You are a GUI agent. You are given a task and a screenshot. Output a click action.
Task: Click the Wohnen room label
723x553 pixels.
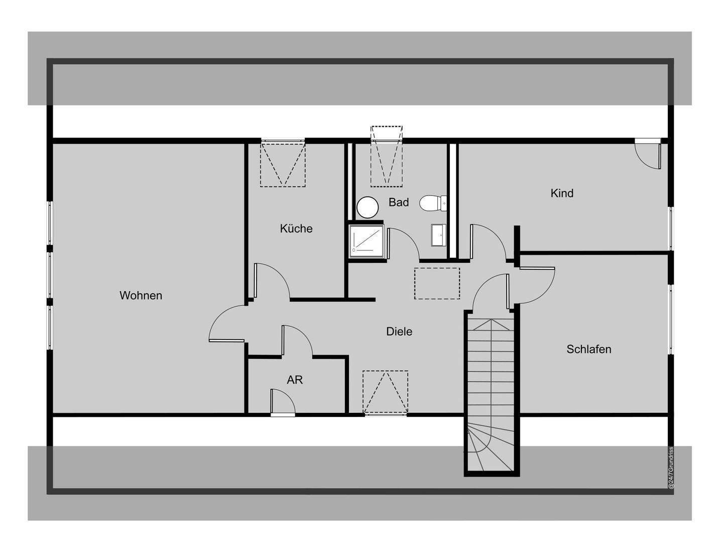point(141,295)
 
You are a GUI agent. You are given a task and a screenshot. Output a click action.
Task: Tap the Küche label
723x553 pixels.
point(296,229)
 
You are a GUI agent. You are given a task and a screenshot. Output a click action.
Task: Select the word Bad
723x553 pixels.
point(399,202)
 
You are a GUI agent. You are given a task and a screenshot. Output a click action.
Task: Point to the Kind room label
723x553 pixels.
point(562,193)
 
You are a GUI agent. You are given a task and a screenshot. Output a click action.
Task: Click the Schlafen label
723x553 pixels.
point(589,349)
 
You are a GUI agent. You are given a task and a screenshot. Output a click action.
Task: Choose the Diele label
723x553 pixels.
point(399,331)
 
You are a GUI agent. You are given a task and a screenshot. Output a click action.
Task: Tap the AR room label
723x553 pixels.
point(295,380)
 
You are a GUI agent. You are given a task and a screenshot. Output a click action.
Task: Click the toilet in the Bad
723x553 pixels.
point(430,203)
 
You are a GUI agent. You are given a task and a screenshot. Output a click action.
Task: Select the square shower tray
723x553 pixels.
point(367,241)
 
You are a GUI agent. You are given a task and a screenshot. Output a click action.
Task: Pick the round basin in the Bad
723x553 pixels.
point(368,207)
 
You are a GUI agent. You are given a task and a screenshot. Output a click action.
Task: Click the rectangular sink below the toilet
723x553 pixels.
point(438,235)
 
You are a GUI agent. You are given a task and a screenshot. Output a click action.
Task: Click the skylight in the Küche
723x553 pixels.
point(283,164)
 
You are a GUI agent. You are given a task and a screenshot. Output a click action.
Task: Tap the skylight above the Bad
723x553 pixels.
point(387,156)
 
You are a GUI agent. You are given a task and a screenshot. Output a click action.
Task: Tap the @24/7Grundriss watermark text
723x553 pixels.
point(670,468)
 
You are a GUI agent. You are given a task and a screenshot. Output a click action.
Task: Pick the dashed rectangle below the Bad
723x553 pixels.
point(437,284)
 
